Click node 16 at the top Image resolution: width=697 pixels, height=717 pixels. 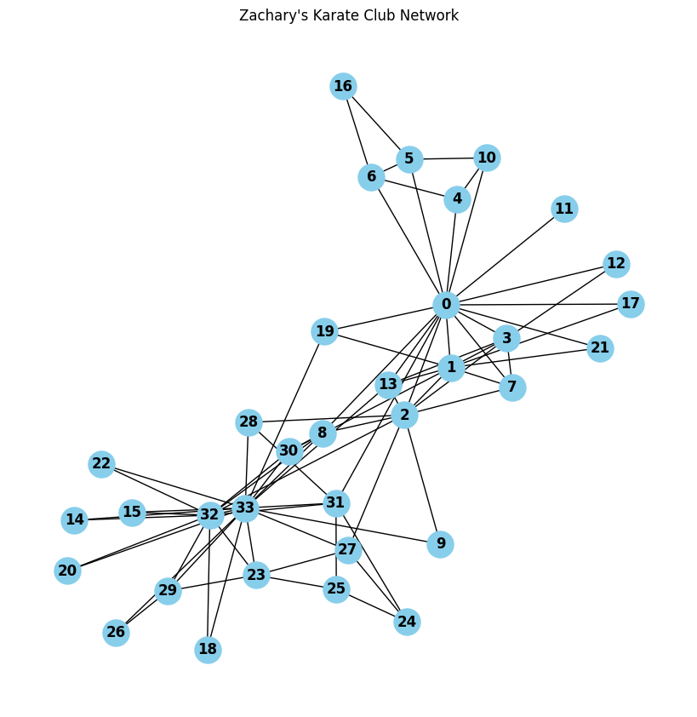point(343,86)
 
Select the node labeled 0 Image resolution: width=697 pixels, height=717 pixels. point(446,305)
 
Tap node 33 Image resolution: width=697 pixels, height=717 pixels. point(245,508)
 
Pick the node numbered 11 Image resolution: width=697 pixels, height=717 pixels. point(564,209)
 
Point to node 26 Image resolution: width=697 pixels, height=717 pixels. point(116,633)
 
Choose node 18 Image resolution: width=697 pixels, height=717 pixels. point(208,650)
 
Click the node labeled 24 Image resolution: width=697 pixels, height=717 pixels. point(407,622)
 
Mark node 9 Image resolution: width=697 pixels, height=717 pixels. point(440,544)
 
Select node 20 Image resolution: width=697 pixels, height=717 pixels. point(67,571)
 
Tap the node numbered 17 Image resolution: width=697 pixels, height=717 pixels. point(631,304)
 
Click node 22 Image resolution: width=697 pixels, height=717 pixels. point(101,464)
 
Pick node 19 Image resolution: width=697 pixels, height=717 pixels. point(324,331)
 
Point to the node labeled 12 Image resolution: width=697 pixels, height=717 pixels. point(616,264)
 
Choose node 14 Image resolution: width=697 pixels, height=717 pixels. point(75,520)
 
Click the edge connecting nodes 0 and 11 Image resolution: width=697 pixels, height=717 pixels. point(505,257)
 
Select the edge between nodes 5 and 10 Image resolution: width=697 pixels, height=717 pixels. point(448,159)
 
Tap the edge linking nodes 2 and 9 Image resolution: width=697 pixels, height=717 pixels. point(422,479)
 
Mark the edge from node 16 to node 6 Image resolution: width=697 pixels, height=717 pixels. point(357,131)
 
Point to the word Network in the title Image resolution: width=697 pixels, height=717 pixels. point(431,15)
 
